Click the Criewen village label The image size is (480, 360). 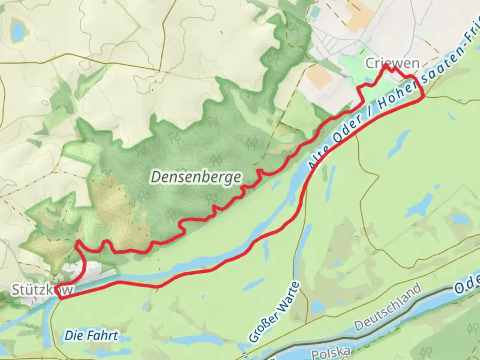click(392, 63)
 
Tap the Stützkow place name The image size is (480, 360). click(42, 290)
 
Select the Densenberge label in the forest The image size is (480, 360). click(196, 177)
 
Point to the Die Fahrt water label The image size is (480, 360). click(91, 335)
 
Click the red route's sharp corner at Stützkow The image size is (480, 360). click(57, 287)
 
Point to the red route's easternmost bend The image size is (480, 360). click(424, 97)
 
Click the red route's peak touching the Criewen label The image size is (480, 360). click(386, 66)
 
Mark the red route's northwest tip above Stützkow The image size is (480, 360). click(77, 241)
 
